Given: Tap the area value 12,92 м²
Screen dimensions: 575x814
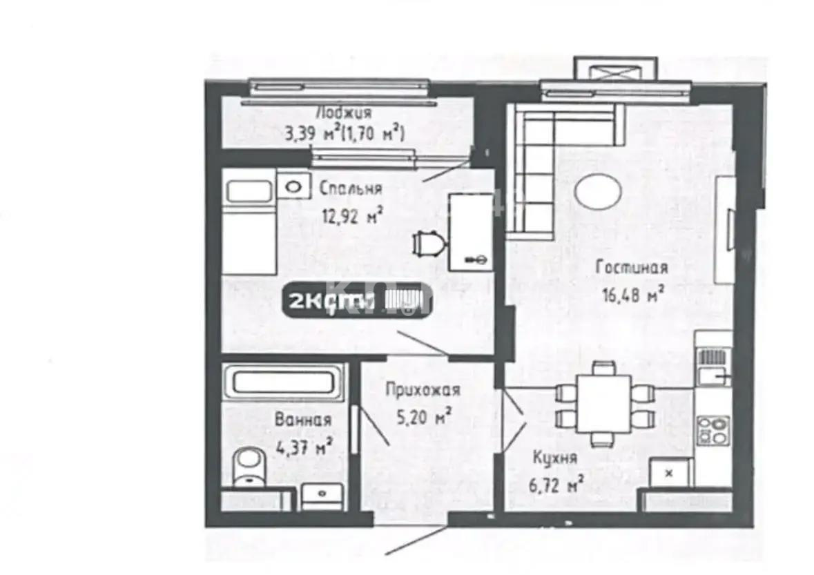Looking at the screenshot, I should (x=352, y=216).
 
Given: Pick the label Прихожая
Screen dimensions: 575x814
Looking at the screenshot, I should (x=422, y=391).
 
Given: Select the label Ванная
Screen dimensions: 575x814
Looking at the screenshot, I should (x=302, y=419).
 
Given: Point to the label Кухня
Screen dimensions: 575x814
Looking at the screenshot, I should (x=554, y=457).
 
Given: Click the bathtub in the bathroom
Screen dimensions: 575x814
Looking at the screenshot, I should (x=283, y=382).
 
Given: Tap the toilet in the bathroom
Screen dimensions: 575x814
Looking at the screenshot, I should (x=246, y=467).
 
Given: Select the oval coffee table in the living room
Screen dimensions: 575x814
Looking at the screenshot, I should (x=599, y=191).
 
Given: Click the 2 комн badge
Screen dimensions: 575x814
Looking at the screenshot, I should (x=356, y=300).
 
